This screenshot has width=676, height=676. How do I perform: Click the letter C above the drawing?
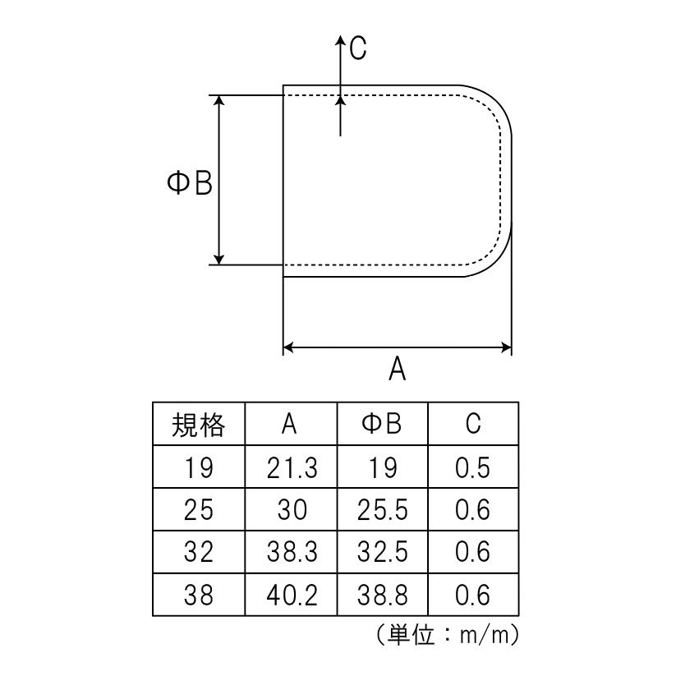[358, 48]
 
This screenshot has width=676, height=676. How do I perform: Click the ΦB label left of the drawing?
[190, 183]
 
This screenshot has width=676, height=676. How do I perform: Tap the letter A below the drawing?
[397, 369]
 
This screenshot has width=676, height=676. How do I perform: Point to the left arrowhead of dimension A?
[288, 347]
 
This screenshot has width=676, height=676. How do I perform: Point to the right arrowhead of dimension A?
[506, 347]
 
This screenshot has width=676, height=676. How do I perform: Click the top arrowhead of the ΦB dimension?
[219, 100]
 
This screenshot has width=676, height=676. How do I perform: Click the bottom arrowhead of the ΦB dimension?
[219, 259]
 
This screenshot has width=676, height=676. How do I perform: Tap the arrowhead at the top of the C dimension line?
[341, 40]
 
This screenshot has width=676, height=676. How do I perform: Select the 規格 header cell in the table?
[198, 425]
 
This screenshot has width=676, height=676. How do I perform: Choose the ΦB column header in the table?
[382, 423]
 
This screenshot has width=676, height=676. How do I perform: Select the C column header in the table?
[473, 423]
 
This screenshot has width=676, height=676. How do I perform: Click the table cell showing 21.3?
[292, 467]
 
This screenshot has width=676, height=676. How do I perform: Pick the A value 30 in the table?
[292, 509]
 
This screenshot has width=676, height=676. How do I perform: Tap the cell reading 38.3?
[292, 552]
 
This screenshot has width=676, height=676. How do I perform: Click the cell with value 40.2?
[292, 595]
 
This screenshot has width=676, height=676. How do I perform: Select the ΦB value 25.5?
[383, 509]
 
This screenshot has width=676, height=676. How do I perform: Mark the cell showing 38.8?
[383, 595]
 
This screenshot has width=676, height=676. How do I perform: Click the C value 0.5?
[473, 467]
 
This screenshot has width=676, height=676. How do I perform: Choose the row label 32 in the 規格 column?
[198, 552]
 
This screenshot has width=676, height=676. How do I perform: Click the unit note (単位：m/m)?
[448, 635]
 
